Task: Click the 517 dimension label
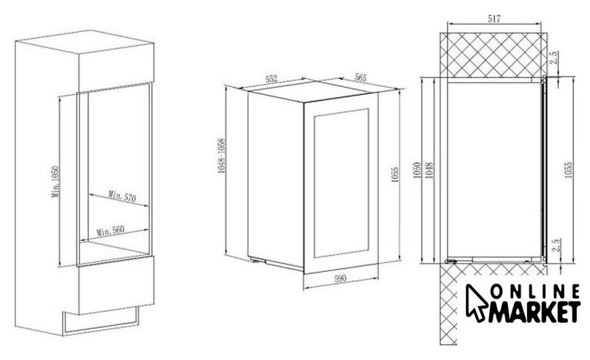click(x=494, y=18)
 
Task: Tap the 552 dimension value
click(x=272, y=79)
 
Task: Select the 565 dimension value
click(x=360, y=77)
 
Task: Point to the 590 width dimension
click(x=340, y=279)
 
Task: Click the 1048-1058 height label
click(x=222, y=156)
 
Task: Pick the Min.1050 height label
click(x=55, y=182)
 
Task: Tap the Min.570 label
click(x=122, y=196)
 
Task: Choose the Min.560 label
click(x=111, y=230)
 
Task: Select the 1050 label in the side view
click(x=417, y=170)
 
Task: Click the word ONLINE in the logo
click(x=536, y=291)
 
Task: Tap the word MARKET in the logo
click(x=535, y=312)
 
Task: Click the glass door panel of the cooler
click(x=341, y=183)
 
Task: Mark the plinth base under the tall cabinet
click(x=101, y=321)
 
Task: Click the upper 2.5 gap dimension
click(x=554, y=58)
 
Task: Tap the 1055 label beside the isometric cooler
click(x=395, y=175)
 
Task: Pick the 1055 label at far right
click(x=568, y=170)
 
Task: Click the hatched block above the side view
click(x=494, y=55)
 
